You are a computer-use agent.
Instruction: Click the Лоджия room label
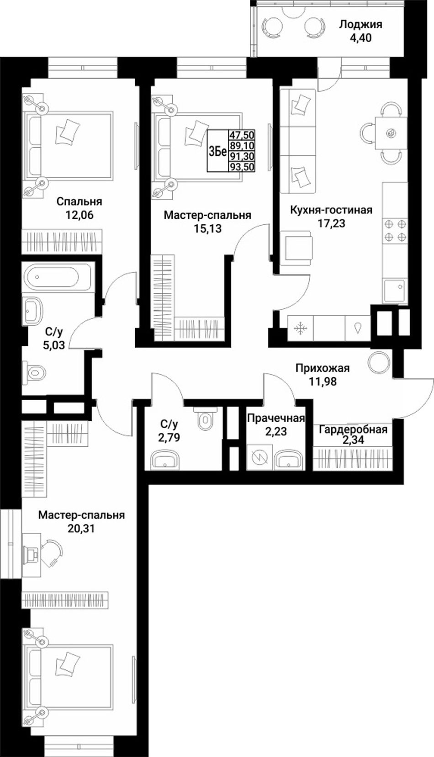360,25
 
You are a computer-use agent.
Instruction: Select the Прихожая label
323,368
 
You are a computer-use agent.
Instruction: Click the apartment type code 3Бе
217,152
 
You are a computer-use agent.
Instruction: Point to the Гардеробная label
353,430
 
